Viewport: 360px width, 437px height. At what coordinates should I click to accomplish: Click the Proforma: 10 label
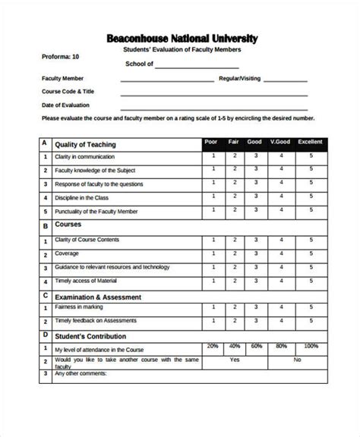59,57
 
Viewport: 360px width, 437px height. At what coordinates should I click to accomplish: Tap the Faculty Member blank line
167,80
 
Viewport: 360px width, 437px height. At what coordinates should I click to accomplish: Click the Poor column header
213,142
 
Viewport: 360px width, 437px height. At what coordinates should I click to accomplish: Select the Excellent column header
310,142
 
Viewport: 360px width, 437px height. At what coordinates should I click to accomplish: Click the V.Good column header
281,142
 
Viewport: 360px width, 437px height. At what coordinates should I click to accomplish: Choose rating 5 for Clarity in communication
310,156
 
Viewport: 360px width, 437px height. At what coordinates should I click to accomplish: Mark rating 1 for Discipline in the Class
213,197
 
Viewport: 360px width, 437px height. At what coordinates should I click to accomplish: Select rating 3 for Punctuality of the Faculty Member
256,211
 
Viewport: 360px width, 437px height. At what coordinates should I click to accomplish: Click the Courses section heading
68,225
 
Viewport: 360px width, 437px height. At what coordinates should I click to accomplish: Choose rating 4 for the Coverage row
281,253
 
